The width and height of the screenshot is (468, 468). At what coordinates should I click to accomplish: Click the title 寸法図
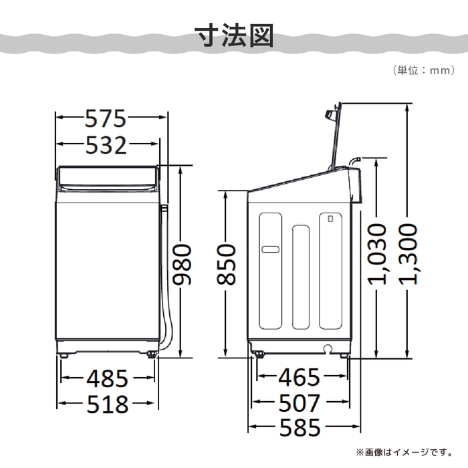234,37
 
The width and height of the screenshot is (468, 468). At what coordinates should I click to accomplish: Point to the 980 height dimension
182,265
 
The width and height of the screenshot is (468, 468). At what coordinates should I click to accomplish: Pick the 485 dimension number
107,378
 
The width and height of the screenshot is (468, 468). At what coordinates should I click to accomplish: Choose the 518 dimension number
107,404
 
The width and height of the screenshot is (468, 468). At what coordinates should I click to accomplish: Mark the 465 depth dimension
299,378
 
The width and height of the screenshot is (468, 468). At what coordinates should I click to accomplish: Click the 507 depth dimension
299,403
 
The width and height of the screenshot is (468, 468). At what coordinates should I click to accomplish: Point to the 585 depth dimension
299,427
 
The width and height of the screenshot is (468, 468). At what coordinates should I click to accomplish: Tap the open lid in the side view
336,134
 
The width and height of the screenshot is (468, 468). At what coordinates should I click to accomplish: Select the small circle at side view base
328,348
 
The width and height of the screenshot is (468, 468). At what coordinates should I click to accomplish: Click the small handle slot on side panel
270,249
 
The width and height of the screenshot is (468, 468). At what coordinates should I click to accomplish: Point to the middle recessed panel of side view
301,277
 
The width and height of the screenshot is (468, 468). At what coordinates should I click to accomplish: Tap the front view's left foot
66,355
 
